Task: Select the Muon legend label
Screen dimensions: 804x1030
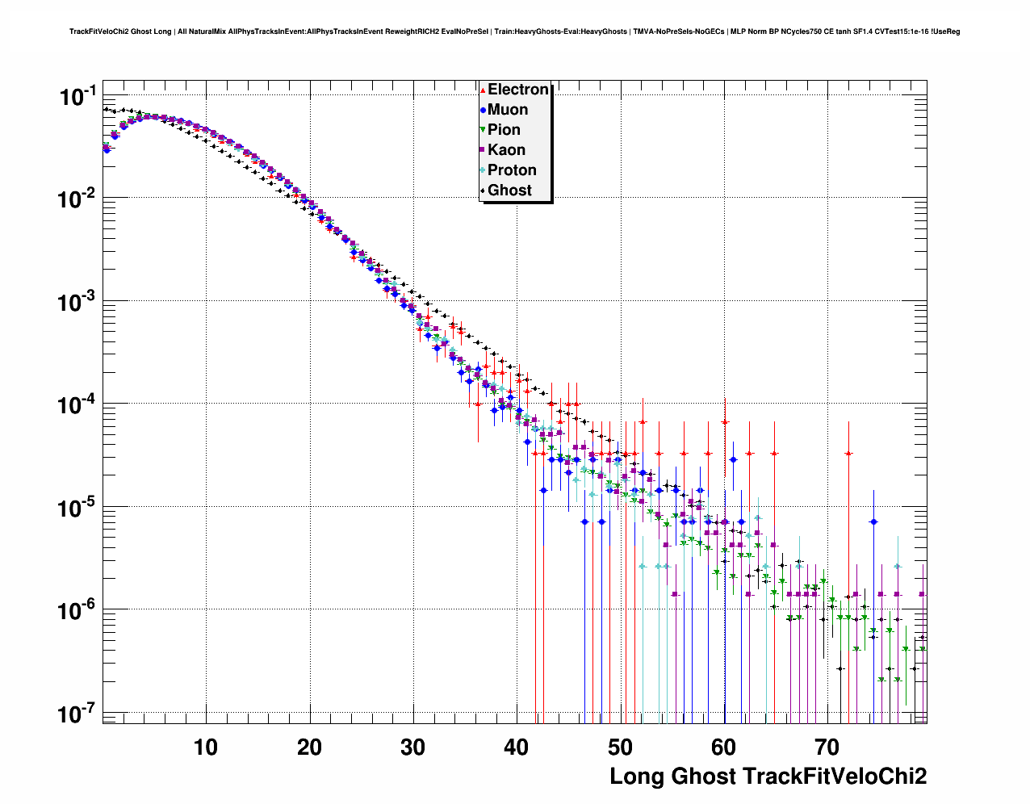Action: (508, 110)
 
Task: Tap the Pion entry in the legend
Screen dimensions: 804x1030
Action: (504, 130)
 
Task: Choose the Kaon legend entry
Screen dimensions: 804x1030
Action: (506, 150)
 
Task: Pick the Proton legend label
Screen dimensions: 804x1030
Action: (512, 170)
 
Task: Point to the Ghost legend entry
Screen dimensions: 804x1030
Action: (509, 191)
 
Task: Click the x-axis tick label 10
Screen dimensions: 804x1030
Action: (206, 747)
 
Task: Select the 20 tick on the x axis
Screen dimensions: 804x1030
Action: (309, 747)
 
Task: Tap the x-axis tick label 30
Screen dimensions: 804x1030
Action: (412, 747)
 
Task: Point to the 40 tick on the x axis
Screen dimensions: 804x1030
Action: (517, 747)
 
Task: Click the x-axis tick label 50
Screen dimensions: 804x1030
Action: (620, 747)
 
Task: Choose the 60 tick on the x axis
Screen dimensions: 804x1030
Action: (723, 747)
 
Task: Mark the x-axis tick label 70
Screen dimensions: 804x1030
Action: (827, 747)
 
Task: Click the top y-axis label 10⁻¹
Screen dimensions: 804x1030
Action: (77, 97)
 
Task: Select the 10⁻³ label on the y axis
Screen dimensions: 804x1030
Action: (77, 303)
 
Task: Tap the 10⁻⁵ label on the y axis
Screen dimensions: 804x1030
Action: (77, 509)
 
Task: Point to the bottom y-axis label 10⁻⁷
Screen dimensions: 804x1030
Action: (77, 714)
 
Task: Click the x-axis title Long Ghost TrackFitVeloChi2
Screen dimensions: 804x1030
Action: (768, 777)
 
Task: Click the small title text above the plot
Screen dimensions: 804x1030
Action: (514, 31)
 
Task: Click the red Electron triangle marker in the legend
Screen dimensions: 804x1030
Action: (483, 90)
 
